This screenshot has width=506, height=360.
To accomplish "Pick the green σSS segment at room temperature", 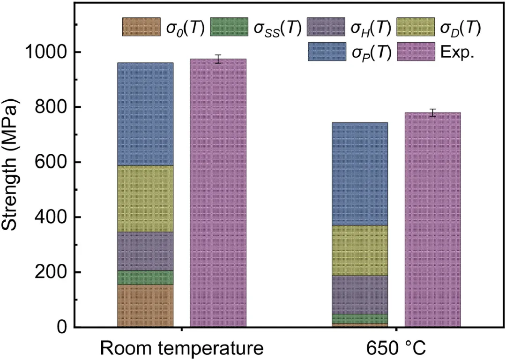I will click(x=145, y=277).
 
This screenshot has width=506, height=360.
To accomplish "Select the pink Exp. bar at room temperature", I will click(x=218, y=197).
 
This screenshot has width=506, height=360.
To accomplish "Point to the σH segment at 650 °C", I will click(x=360, y=294).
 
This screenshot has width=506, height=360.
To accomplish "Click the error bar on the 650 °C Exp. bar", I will click(x=432, y=112).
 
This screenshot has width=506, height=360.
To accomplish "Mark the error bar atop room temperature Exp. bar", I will click(x=218, y=59).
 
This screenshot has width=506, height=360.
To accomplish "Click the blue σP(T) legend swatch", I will click(x=327, y=51).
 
